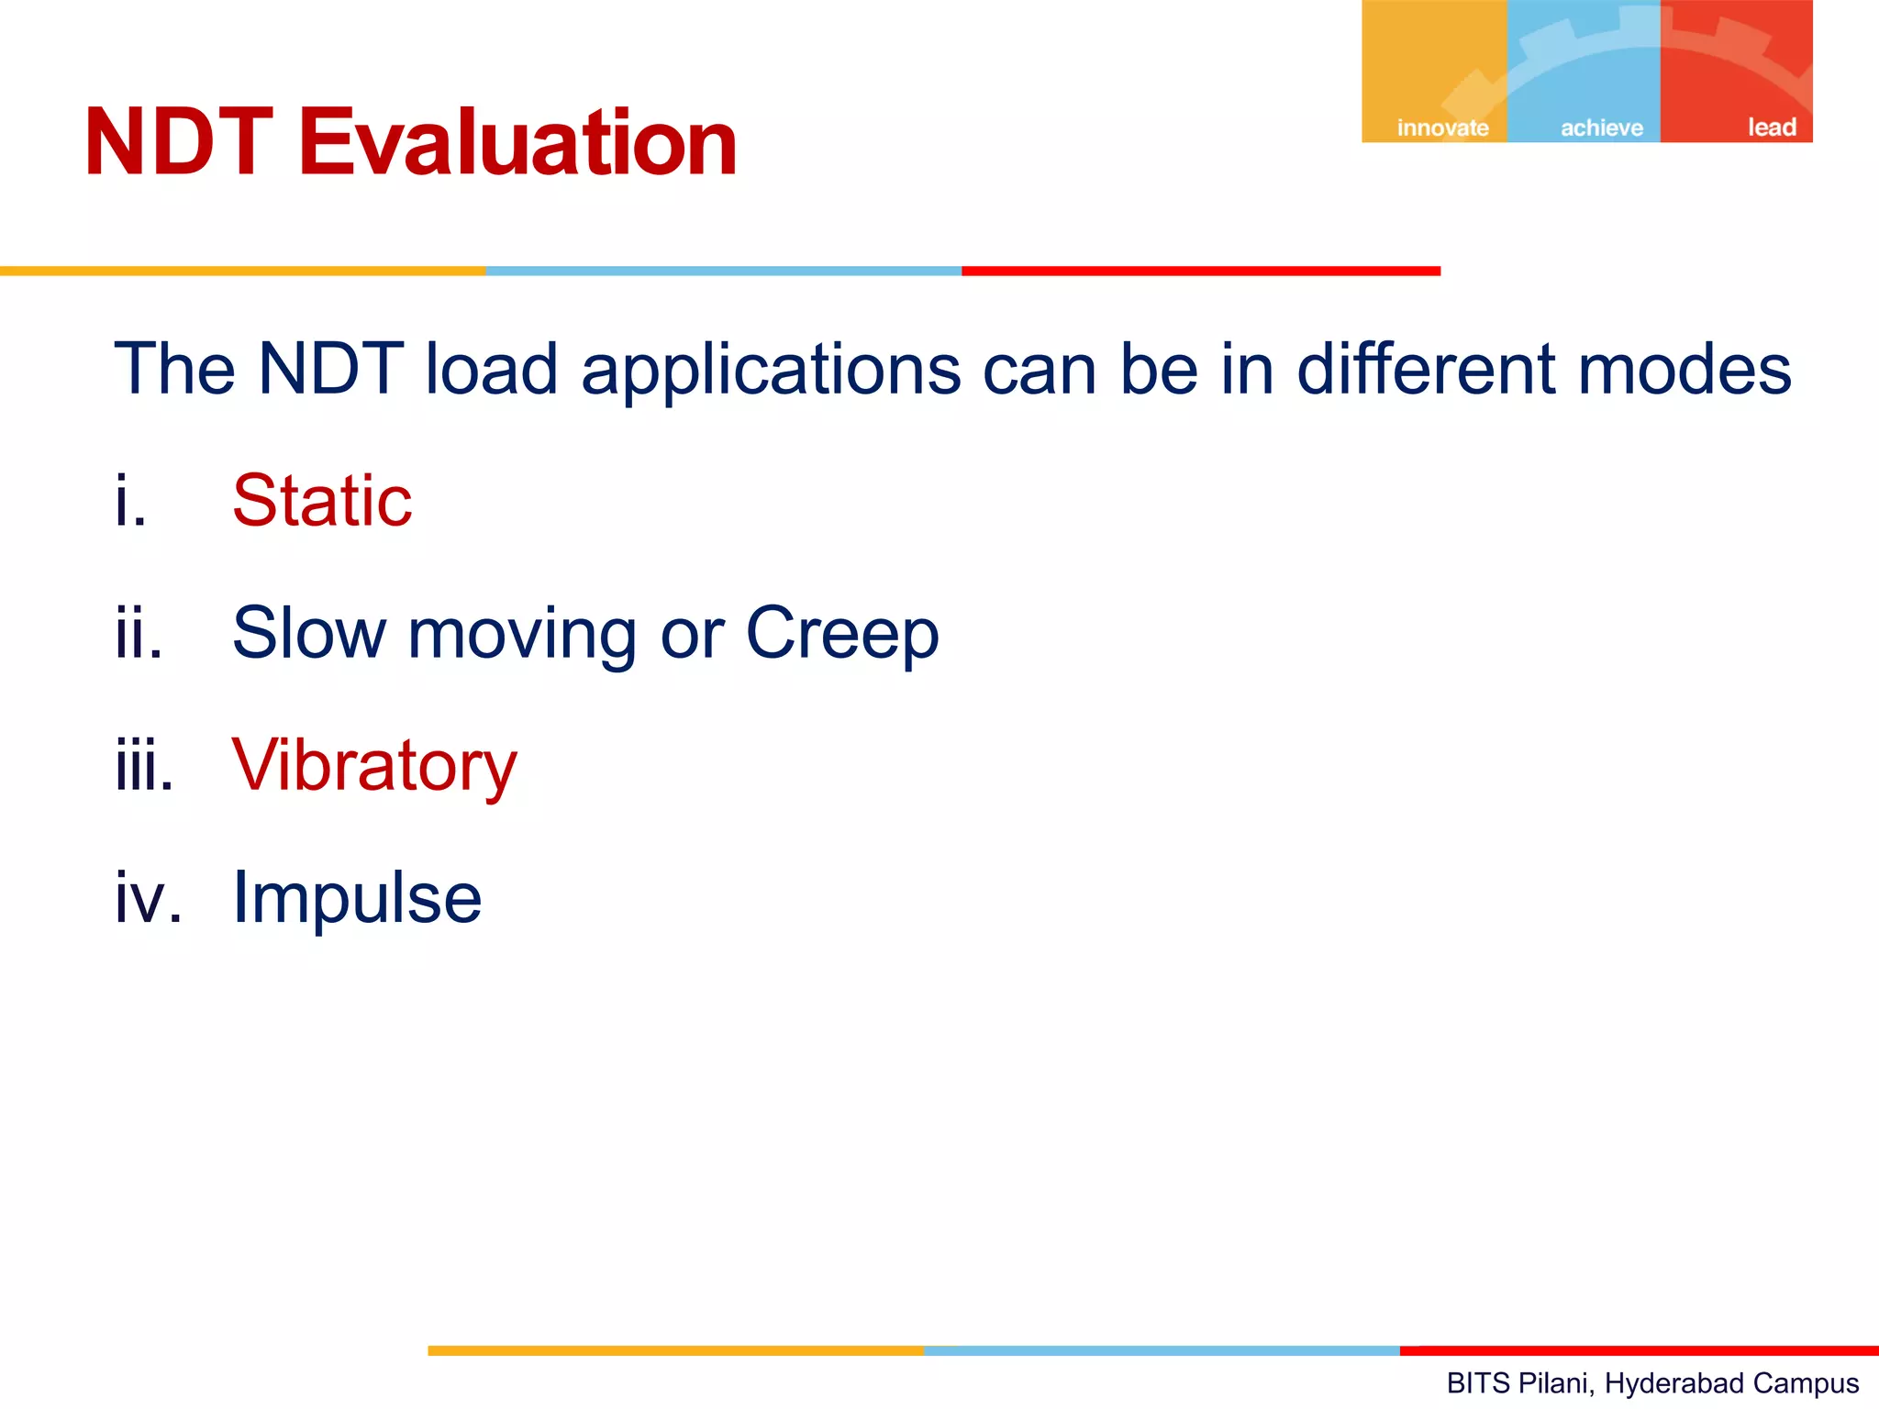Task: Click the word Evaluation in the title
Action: (517, 143)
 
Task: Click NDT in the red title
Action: (179, 143)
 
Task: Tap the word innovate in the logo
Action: (1442, 128)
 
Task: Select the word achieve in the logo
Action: (1602, 128)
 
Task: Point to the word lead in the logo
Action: (1772, 127)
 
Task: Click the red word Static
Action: (322, 501)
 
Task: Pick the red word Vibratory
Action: (374, 766)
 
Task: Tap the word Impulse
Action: (357, 897)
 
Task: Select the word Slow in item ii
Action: (309, 633)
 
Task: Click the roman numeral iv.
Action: (148, 897)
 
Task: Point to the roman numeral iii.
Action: (144, 766)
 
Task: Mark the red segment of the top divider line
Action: (1200, 272)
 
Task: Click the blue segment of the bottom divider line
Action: (1162, 1350)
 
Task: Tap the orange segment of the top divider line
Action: (242, 272)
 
